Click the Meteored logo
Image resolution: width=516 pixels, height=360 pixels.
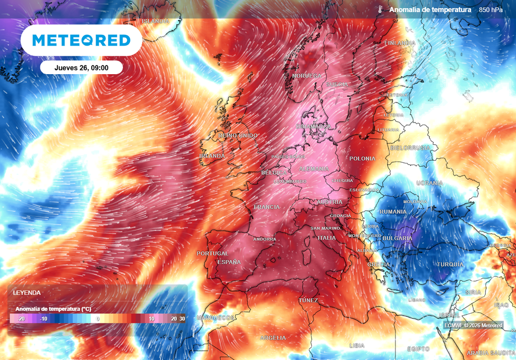click(81, 40)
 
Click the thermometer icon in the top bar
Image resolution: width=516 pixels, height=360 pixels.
click(379, 10)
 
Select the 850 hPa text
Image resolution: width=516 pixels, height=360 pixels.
click(490, 10)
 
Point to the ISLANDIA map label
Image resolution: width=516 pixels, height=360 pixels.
click(156, 21)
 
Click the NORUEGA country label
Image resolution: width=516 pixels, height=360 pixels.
click(306, 76)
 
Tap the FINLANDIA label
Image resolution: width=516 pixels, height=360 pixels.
click(400, 43)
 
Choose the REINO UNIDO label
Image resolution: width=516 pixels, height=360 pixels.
click(238, 136)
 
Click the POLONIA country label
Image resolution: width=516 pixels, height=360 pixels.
click(362, 158)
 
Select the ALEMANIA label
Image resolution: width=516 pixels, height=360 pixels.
click(314, 169)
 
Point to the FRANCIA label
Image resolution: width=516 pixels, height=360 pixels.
click(267, 207)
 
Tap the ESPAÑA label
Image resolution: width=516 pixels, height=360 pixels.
click(228, 262)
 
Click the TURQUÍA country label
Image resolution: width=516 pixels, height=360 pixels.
click(449, 264)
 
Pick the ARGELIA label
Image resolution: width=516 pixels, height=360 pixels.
click(273, 337)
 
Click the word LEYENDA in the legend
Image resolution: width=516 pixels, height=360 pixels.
click(27, 292)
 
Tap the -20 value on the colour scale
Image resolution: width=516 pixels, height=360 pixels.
click(21, 319)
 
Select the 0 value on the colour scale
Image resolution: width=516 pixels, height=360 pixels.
click(98, 319)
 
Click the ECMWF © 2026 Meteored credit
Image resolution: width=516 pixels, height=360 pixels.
click(474, 325)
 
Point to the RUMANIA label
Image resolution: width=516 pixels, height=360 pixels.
click(393, 212)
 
